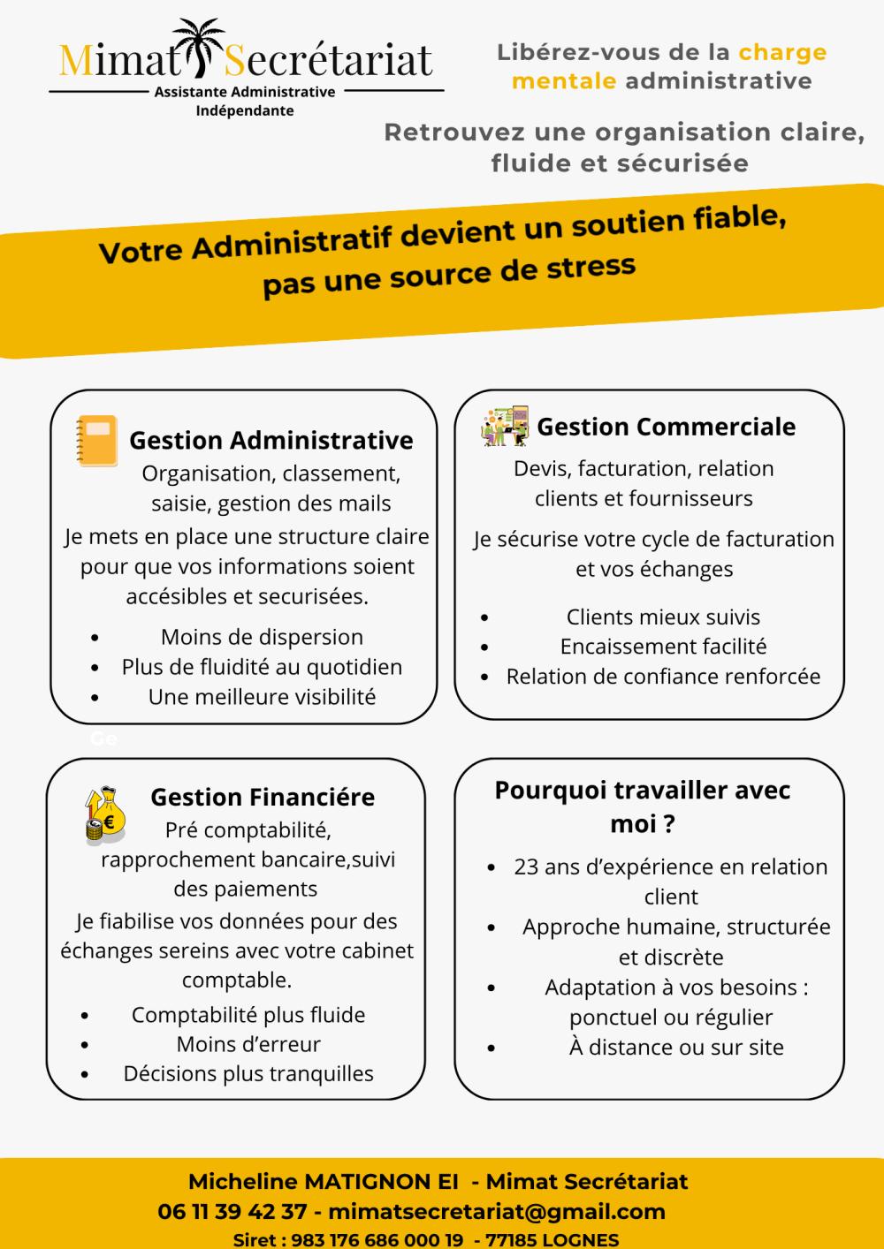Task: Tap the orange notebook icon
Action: (x=96, y=441)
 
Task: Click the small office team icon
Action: (x=505, y=426)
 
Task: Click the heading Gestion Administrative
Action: (x=271, y=440)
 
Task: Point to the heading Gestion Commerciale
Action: (x=666, y=427)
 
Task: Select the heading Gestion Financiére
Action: (x=263, y=797)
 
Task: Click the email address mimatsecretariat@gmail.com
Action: (x=496, y=1211)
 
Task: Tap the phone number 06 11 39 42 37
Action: (x=232, y=1211)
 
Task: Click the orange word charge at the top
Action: (x=782, y=52)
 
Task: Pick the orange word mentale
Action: (x=564, y=81)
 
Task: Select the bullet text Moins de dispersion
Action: (x=262, y=637)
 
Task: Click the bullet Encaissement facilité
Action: (x=663, y=647)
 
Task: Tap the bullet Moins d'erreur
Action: (x=248, y=1044)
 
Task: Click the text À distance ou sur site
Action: (x=676, y=1048)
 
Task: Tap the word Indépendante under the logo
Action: (x=245, y=111)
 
